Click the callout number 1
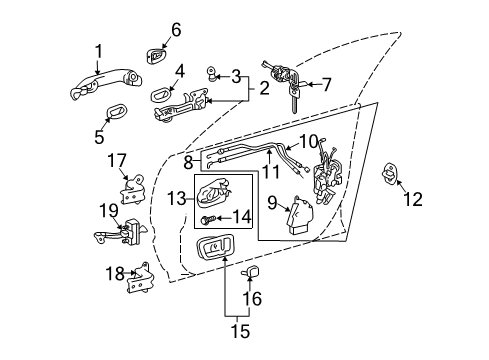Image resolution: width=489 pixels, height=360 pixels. [x=99, y=52]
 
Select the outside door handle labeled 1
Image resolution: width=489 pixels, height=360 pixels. [x=106, y=83]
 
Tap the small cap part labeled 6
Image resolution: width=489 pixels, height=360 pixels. [x=156, y=56]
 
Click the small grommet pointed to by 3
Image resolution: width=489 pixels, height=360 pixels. [x=212, y=74]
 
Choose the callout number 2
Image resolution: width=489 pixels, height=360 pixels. [x=264, y=88]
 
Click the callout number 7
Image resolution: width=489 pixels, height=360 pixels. [x=327, y=84]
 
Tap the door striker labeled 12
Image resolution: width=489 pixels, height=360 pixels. [x=388, y=173]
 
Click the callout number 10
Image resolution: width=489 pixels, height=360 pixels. [x=309, y=141]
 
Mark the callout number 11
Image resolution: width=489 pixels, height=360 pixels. [x=271, y=171]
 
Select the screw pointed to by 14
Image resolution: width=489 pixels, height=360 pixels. [x=207, y=220]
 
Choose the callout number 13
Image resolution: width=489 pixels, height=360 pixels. [x=176, y=199]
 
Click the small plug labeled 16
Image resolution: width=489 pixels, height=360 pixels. [x=251, y=271]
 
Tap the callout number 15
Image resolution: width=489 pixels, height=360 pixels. [x=240, y=331]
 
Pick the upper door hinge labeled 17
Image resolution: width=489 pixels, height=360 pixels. [x=133, y=189]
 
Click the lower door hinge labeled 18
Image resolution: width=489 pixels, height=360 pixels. [x=139, y=278]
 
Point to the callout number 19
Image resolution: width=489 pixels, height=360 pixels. [x=109, y=211]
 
